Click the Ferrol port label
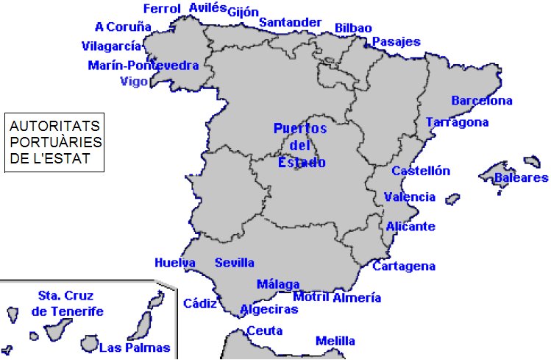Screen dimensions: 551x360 coord(162,9)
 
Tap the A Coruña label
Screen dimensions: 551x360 coord(123,27)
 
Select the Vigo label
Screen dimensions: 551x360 coord(134,81)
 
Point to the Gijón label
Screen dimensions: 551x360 coord(243,12)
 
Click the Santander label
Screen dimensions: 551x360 coord(290,22)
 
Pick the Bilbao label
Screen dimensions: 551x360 coord(353,28)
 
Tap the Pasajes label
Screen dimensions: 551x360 coord(396,42)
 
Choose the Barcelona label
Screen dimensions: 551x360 coord(482,101)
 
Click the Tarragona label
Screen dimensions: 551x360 coord(457,121)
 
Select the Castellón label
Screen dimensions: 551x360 coord(420,171)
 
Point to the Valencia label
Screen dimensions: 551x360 coord(410,197)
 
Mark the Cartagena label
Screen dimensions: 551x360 coord(404,267)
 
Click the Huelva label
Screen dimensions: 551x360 coord(174,263)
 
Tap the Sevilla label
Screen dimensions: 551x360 coord(235,263)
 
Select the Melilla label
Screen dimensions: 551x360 coord(335,341)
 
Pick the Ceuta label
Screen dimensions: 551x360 coord(265,331)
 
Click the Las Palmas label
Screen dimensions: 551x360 coord(135,348)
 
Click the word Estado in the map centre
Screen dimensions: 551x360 coord(301,163)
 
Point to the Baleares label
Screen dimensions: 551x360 coord(521,178)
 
